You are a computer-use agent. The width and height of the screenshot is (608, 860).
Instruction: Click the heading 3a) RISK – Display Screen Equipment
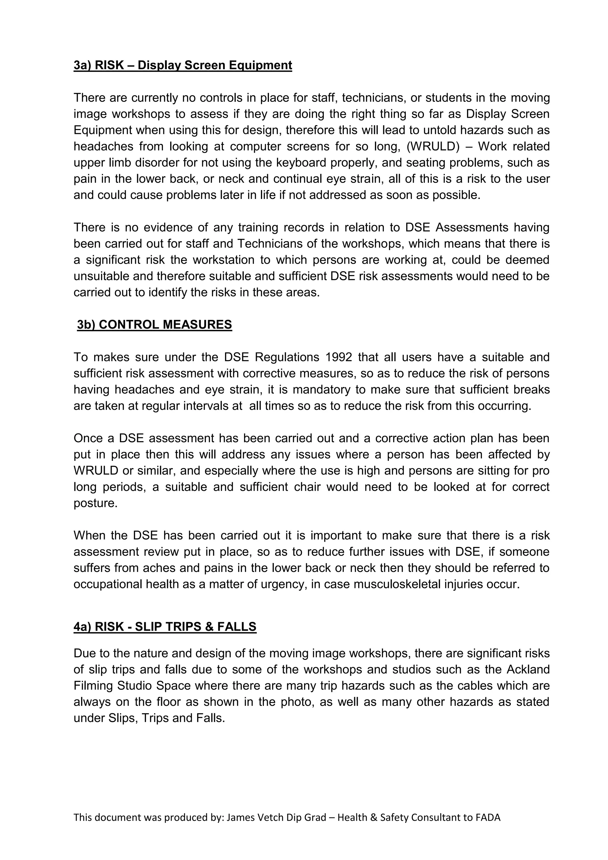[183, 65]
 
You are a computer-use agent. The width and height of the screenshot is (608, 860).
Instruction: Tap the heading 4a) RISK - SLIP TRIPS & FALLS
[165, 627]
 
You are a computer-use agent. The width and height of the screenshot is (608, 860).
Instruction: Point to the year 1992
[338, 357]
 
